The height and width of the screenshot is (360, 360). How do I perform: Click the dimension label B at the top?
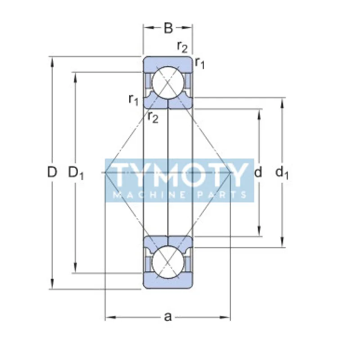pos(168,28)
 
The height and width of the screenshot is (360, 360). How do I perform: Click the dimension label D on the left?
pos(53,172)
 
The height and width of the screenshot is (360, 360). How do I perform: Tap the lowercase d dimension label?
pos(258,172)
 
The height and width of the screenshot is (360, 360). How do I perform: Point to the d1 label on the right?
pos(282,172)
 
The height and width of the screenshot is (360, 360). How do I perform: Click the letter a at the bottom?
pos(168,317)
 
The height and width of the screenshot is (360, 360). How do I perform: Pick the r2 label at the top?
pos(182,46)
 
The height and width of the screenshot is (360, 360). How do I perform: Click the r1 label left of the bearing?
pos(133,99)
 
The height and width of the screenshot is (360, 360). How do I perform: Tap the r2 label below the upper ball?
pos(153,118)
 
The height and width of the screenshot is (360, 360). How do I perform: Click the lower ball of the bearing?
pos(167,262)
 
